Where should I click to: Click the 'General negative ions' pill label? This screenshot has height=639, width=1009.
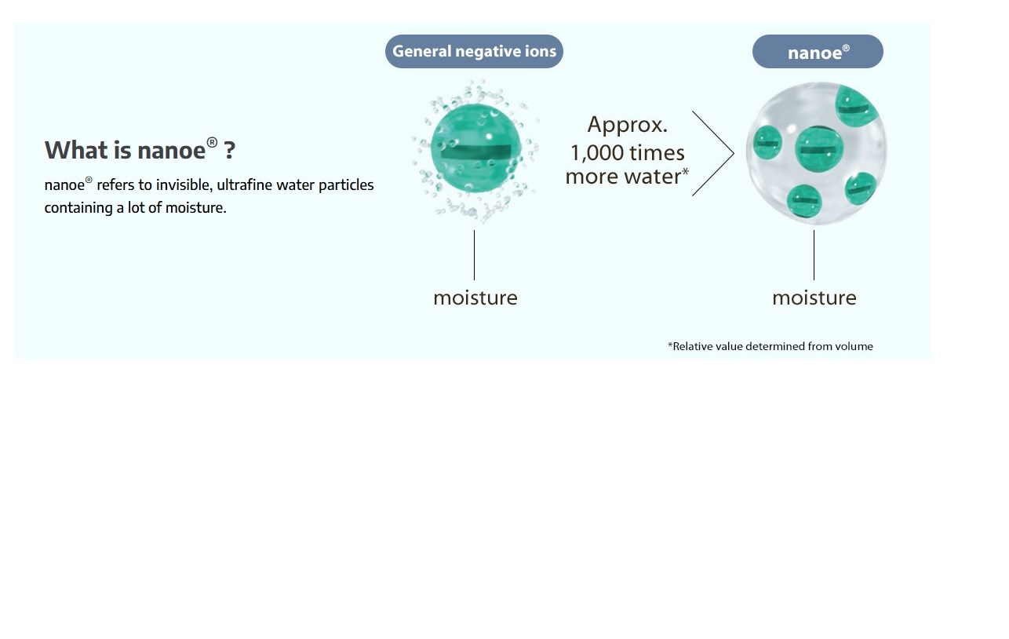(x=474, y=51)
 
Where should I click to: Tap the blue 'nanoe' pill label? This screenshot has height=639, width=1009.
(x=818, y=51)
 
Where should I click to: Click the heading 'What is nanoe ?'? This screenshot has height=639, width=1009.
(x=140, y=149)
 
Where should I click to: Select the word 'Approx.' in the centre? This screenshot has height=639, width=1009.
(x=627, y=125)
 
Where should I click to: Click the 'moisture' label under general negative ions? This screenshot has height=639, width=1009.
(x=475, y=298)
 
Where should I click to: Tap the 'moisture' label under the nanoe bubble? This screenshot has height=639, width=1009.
(x=814, y=298)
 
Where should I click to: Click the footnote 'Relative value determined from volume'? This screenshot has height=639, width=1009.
(x=770, y=346)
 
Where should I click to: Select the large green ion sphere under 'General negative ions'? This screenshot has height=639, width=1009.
(x=475, y=148)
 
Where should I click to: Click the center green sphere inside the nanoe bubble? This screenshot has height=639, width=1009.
(x=819, y=149)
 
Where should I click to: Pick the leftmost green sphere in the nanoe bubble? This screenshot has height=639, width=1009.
(x=767, y=143)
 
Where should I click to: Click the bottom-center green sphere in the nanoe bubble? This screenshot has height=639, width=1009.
(x=804, y=201)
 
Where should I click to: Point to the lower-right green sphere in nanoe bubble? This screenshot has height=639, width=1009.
(x=861, y=188)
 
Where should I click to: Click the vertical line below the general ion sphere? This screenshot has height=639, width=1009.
(x=474, y=255)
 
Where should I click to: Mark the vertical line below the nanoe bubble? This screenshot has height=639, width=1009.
(x=814, y=255)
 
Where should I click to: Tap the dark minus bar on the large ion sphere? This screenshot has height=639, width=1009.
(x=475, y=152)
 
